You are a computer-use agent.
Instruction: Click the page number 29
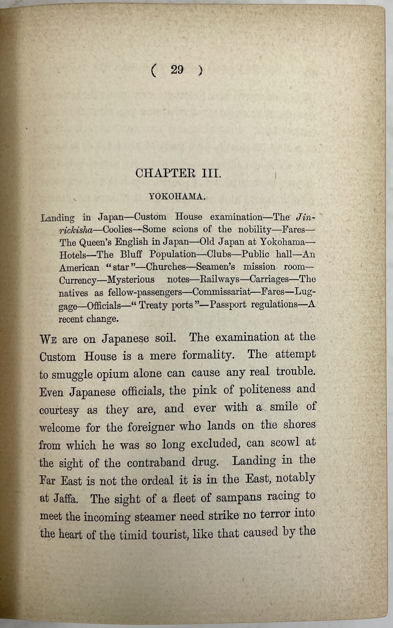click(177, 70)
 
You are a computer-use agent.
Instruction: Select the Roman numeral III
click(211, 173)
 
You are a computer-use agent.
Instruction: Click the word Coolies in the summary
click(118, 230)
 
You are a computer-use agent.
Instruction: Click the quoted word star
click(121, 267)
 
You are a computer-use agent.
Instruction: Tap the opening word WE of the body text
click(48, 339)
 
